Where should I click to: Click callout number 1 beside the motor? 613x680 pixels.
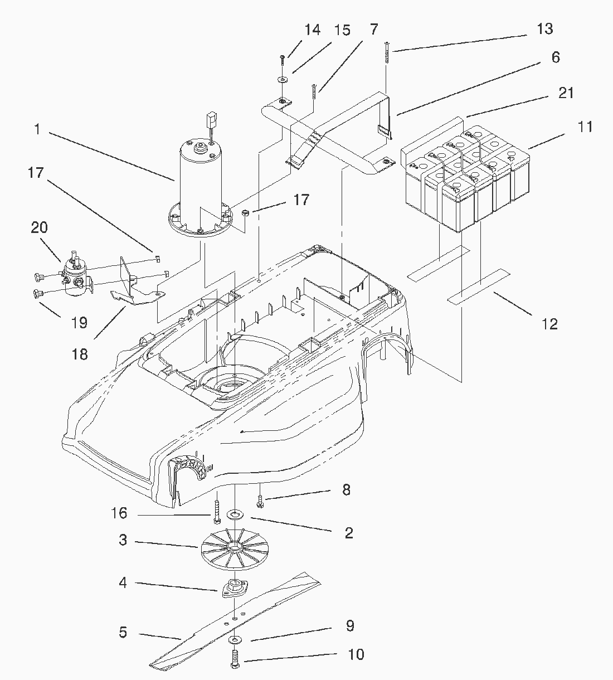coord(37,129)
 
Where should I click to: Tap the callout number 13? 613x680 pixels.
coord(545,29)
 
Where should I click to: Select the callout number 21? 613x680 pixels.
coord(566,93)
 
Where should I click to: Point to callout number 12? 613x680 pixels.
coord(549,324)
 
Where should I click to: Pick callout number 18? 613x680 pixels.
coord(80,354)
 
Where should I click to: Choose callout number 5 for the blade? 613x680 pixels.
coord(123,632)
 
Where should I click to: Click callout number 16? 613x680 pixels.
coord(119,513)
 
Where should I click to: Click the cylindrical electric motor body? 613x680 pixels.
coord(201,184)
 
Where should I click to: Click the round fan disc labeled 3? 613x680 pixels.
coord(234,548)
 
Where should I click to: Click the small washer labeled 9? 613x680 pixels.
coord(234,640)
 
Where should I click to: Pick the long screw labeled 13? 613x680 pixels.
coord(387,52)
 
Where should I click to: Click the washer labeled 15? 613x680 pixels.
coord(282,79)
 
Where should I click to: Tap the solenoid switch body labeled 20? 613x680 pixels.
coord(76,276)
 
